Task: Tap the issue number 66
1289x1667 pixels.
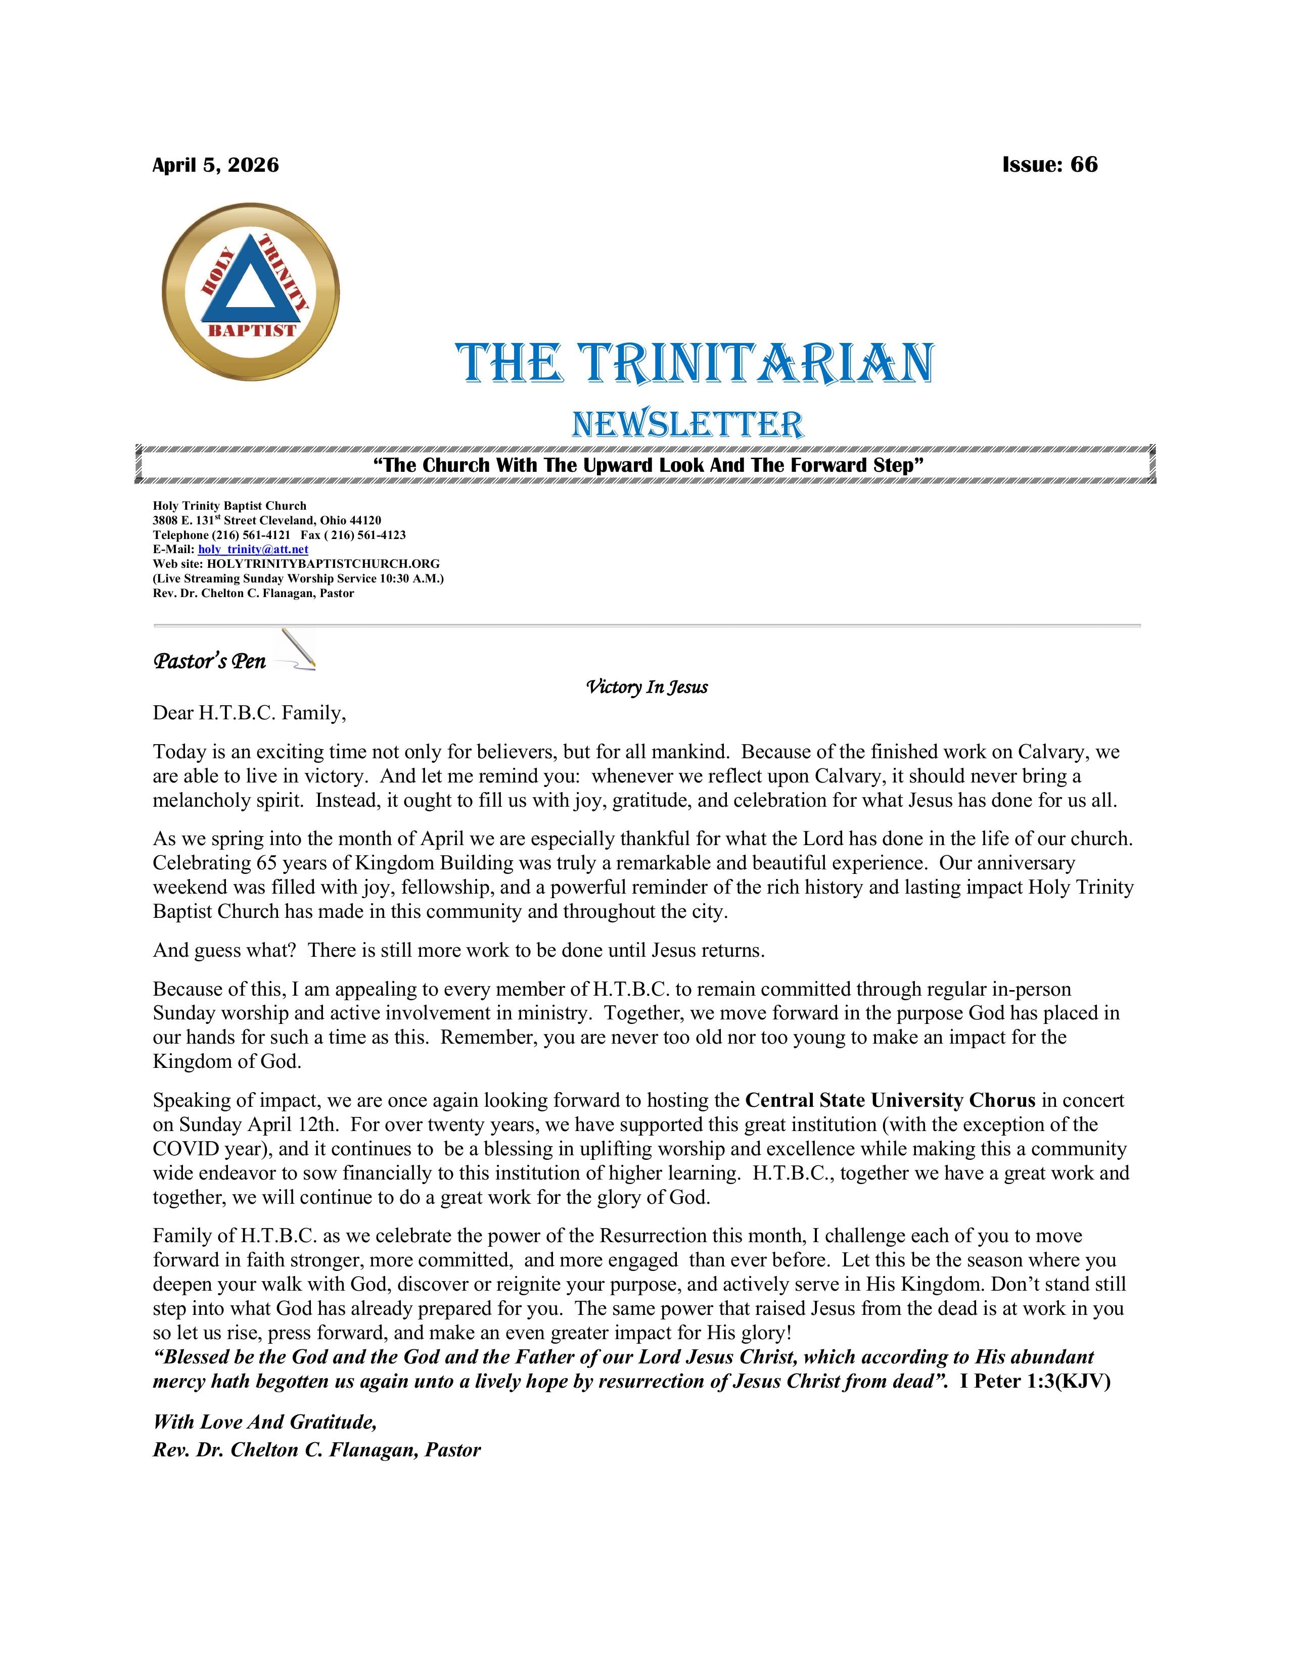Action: point(1084,164)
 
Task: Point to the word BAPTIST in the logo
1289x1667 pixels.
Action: point(252,330)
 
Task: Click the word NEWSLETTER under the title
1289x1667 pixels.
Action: point(687,424)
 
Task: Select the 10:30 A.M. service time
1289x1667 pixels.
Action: point(409,578)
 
